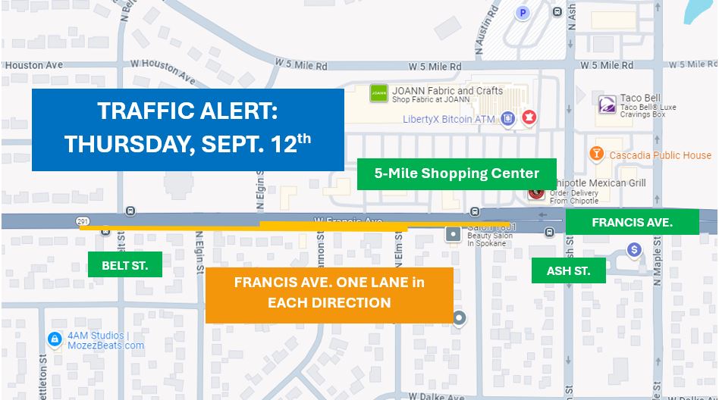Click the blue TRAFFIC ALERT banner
tap(187, 129)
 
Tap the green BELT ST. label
tap(124, 265)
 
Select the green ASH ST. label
tap(568, 270)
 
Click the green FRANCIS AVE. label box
tap(632, 222)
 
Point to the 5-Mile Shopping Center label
tap(457, 173)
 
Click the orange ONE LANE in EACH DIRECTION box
tap(328, 294)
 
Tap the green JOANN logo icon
tap(378, 94)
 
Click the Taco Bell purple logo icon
tap(607, 104)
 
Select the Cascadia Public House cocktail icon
tap(597, 155)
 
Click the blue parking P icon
tap(522, 12)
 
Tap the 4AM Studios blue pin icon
tap(54, 339)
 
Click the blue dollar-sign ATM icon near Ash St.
tap(635, 249)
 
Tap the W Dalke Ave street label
tap(433, 395)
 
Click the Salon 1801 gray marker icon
tap(454, 234)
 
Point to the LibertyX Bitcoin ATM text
tap(448, 119)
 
